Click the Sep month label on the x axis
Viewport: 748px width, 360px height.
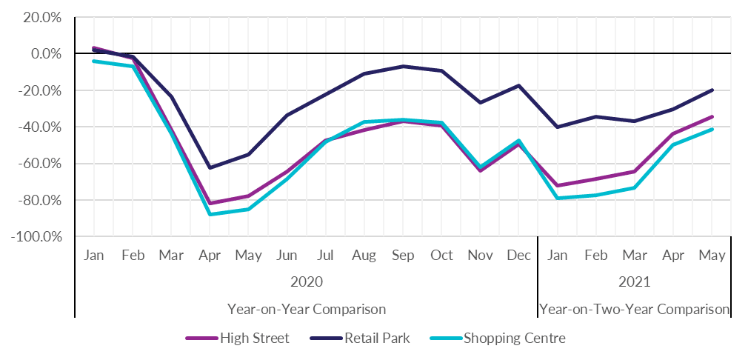(402, 256)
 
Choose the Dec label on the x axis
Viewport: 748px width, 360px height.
(518, 256)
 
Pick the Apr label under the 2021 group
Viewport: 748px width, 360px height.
(672, 256)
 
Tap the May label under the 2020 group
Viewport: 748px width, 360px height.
(248, 256)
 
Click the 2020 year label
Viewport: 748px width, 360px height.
(306, 282)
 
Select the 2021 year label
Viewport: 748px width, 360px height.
(634, 282)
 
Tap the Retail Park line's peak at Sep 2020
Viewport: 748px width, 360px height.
(402, 66)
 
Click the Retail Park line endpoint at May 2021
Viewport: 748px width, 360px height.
(712, 90)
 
